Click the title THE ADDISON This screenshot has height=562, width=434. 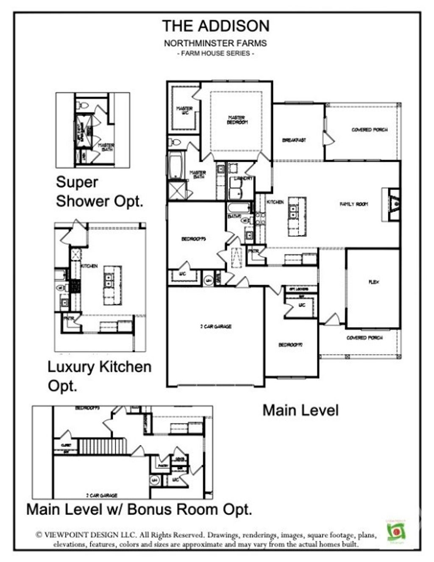click(x=215, y=26)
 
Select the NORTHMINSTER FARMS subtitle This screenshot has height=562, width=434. click(x=215, y=43)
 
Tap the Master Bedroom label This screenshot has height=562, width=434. click(x=237, y=120)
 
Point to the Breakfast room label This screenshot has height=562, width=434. click(x=294, y=140)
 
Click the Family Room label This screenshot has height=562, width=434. click(x=354, y=204)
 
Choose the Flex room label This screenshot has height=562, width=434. click(x=373, y=282)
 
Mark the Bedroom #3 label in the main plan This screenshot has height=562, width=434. click(x=194, y=239)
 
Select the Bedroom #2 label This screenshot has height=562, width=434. click(x=290, y=345)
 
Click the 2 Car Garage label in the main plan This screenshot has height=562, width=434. click(x=216, y=327)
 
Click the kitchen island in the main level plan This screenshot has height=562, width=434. click(x=297, y=217)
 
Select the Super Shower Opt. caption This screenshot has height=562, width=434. click(x=99, y=192)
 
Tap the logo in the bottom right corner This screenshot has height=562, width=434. click(x=396, y=531)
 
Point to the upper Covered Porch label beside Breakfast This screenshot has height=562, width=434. click(x=369, y=130)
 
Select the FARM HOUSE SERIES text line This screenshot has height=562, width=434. click(x=215, y=54)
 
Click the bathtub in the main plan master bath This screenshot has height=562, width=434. click(x=175, y=166)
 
